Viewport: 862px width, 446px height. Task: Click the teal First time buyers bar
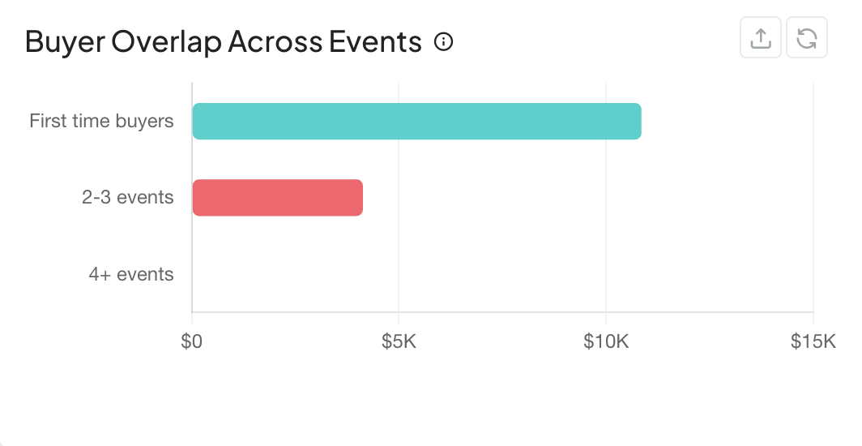[x=416, y=122]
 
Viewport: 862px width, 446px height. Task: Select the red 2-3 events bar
[x=277, y=198]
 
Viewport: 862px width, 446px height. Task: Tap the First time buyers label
[x=101, y=122]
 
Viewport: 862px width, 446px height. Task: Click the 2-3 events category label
[x=128, y=197]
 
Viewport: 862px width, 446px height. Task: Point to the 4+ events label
[x=131, y=274]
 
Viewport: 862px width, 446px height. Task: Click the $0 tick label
[x=192, y=342]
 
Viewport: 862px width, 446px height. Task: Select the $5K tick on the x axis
[x=399, y=342]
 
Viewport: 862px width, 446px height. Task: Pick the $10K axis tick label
[x=606, y=342]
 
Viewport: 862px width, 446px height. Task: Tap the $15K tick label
[x=813, y=342]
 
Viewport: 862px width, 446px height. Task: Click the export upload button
[x=761, y=38]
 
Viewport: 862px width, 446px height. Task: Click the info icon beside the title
[x=443, y=41]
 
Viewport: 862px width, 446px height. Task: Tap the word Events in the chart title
[x=376, y=42]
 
